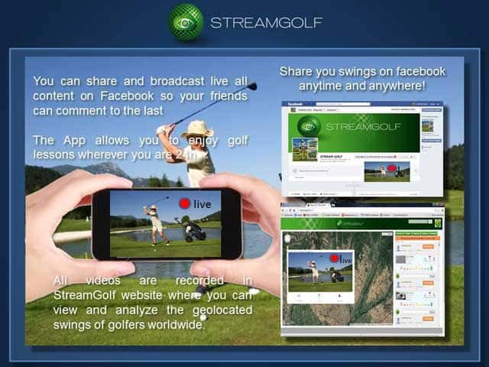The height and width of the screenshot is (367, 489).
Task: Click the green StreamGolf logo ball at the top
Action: tap(186, 21)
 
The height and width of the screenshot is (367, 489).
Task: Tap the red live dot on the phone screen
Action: tap(183, 204)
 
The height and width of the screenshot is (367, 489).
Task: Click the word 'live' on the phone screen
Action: tap(202, 205)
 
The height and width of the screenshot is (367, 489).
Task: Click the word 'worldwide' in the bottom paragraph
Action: tap(176, 324)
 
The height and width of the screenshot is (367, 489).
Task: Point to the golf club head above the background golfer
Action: tap(251, 86)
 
